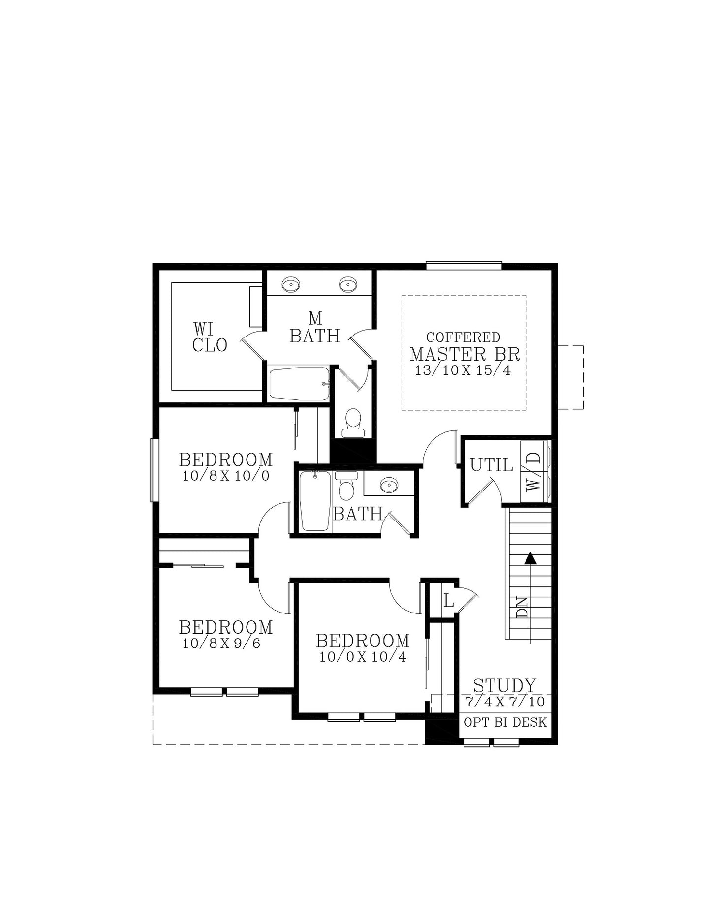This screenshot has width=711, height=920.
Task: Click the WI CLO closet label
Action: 210,337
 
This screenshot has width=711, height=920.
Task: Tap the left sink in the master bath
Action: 291,284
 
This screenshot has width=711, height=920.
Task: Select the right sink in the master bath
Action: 348,284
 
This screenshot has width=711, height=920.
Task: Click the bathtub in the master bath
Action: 299,384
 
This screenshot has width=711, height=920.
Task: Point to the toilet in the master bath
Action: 353,423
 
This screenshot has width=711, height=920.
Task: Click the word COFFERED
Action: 463,337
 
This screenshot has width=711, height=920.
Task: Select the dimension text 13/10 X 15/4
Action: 463,370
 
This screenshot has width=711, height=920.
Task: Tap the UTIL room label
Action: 491,465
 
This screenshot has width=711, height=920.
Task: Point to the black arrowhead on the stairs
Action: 530,558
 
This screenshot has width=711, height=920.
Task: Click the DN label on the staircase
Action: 522,608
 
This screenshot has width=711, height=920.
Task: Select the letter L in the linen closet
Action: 448,601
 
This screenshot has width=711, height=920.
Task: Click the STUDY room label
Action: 504,685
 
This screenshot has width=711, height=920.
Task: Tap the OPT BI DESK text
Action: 505,722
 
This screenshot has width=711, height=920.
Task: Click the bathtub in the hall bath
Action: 315,501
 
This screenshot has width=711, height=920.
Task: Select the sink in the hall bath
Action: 389,485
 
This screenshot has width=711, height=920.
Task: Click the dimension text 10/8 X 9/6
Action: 221,644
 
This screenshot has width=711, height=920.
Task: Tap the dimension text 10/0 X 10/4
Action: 363,657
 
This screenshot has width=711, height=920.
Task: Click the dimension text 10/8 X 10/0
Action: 226,476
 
